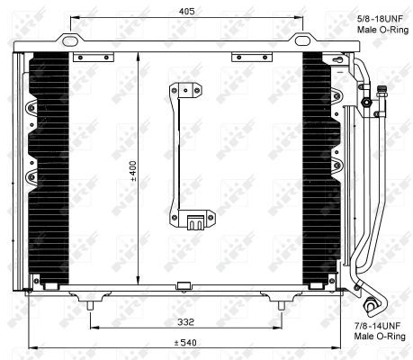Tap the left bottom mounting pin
click(90, 307)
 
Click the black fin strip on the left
click(49, 171)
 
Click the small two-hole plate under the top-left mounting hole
click(87, 58)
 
